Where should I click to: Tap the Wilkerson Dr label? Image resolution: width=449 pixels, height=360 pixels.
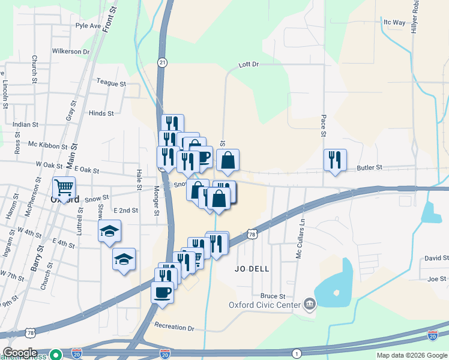pyautogui.click(x=71, y=52)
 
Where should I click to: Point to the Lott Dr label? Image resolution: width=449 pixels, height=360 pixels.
pyautogui.click(x=248, y=64)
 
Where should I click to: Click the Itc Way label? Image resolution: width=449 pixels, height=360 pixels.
pyautogui.click(x=394, y=22)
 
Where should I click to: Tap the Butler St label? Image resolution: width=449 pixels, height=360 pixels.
pyautogui.click(x=370, y=169)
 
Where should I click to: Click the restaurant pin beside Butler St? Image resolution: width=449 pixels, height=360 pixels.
pyautogui.click(x=334, y=160)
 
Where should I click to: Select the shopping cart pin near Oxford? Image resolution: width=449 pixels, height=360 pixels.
pyautogui.click(x=64, y=188)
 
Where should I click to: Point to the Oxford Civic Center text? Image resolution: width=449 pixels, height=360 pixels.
pyautogui.click(x=264, y=305)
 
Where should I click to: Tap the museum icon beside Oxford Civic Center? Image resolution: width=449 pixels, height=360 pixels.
pyautogui.click(x=309, y=304)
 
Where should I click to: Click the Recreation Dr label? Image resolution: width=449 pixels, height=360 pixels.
pyautogui.click(x=175, y=328)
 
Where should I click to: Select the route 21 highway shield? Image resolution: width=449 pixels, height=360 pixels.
pyautogui.click(x=162, y=62)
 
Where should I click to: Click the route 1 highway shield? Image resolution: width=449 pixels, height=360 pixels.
pyautogui.click(x=297, y=354)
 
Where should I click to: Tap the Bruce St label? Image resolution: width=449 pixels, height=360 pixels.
pyautogui.click(x=273, y=296)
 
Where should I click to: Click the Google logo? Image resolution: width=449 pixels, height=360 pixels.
pyautogui.click(x=20, y=353)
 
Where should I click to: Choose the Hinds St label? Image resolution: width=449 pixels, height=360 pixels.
pyautogui.click(x=101, y=113)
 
